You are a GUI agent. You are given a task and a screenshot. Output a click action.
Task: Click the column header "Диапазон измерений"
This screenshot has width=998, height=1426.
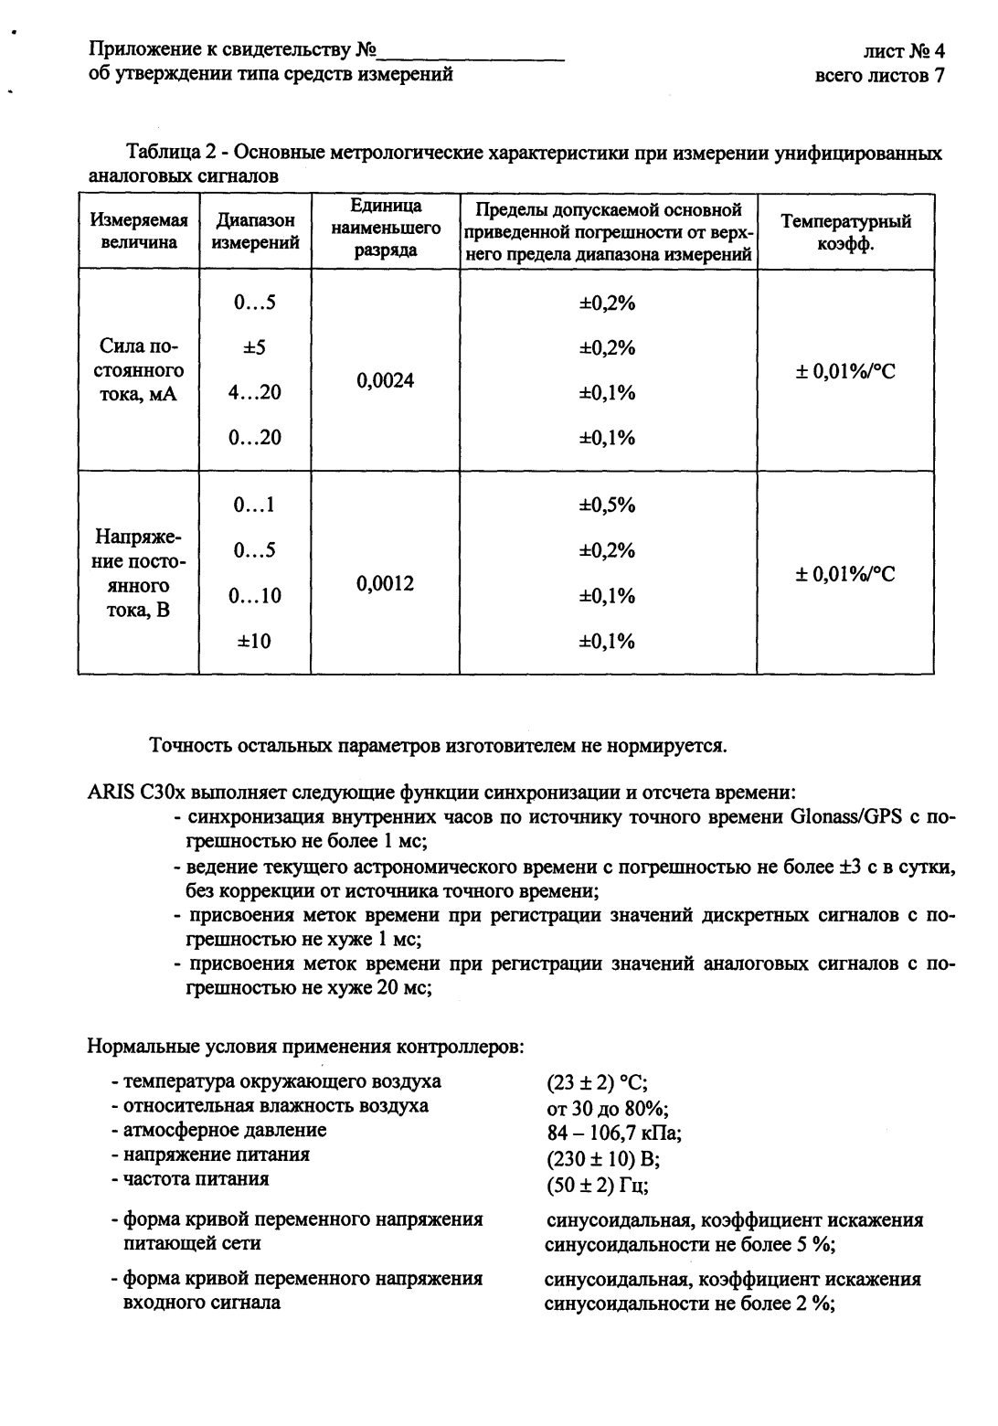255,231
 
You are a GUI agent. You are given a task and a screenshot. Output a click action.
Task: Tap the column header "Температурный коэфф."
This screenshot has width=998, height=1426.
845,231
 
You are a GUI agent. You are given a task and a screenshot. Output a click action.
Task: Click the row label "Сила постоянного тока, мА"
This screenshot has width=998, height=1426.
140,370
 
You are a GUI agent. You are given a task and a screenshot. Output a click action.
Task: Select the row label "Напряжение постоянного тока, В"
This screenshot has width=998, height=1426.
138,573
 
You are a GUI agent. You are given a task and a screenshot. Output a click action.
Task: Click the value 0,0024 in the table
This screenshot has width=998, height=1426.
385,380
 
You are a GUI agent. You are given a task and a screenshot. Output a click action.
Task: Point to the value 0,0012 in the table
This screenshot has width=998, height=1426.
385,583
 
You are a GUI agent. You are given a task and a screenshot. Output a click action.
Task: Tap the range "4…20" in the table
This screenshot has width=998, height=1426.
254,393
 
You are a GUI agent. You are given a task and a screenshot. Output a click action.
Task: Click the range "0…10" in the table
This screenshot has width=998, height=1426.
254,596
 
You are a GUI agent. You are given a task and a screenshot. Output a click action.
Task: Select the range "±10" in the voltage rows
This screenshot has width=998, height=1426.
254,641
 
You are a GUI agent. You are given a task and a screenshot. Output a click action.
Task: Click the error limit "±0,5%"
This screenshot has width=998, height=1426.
608,505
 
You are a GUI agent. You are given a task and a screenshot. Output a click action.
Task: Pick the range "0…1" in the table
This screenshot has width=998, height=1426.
254,505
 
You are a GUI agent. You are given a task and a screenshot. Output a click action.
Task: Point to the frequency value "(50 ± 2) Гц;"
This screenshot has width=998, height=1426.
597,1186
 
